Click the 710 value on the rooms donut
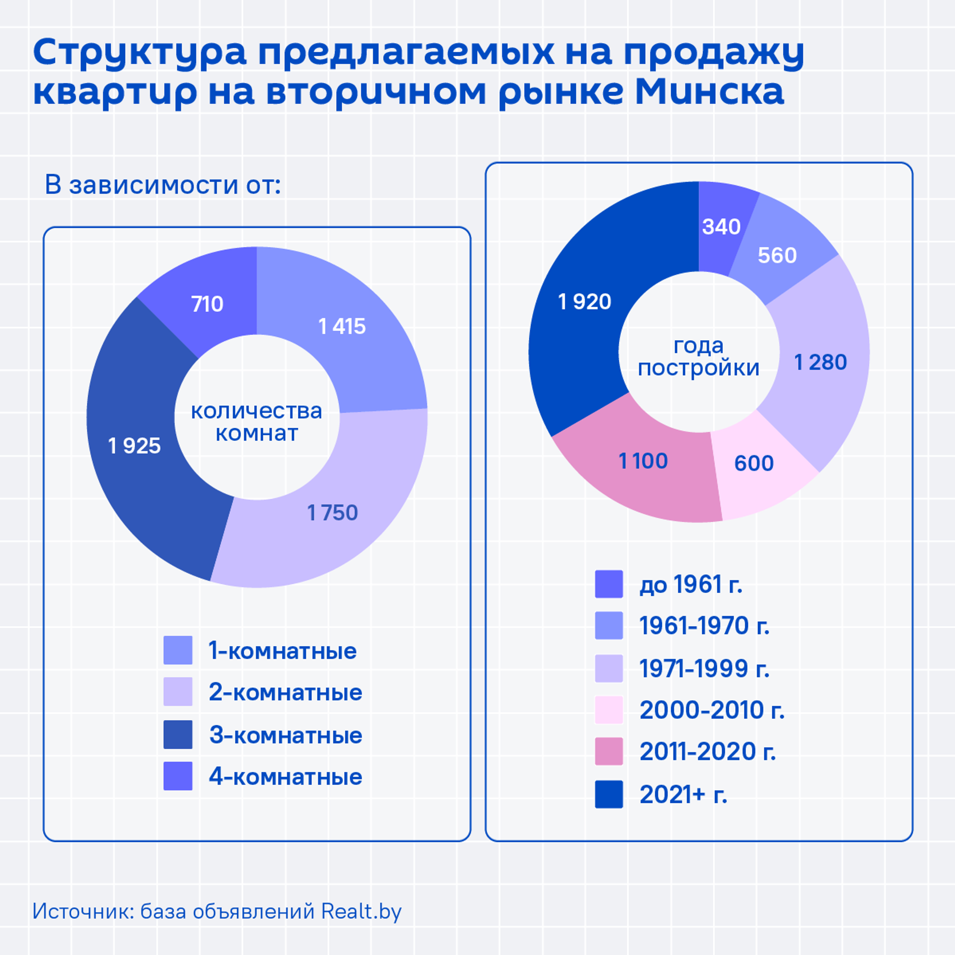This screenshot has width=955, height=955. [207, 304]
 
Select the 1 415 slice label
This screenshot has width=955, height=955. [342, 327]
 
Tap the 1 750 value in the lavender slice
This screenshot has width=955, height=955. [332, 513]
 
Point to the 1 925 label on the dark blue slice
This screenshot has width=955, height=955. [134, 446]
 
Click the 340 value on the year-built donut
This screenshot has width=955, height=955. [721, 227]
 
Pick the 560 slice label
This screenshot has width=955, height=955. [777, 256]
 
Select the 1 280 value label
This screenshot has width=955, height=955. [820, 362]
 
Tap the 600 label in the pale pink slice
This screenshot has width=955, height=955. [754, 464]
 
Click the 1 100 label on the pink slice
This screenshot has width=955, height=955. [643, 461]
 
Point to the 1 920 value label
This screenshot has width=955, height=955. [584, 302]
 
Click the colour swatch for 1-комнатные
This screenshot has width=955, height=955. [178, 650]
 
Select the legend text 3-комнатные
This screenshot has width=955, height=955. [286, 735]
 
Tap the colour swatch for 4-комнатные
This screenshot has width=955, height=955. [178, 776]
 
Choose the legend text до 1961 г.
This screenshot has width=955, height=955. [691, 584]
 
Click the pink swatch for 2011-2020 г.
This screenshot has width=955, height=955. [609, 751]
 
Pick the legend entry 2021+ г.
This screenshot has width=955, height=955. [683, 794]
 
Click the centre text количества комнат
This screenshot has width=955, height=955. [257, 422]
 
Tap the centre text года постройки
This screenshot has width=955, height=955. [699, 357]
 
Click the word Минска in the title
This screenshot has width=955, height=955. [710, 92]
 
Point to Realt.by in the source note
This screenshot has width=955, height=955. [361, 912]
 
